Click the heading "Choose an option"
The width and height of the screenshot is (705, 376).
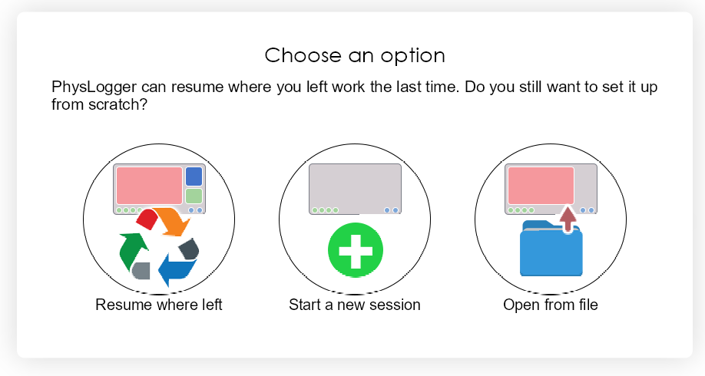[x=355, y=56]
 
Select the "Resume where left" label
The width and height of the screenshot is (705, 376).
[x=159, y=305]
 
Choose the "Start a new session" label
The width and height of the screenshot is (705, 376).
[x=355, y=305]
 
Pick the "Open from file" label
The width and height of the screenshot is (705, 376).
[x=551, y=305]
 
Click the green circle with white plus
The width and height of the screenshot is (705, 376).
[x=356, y=249]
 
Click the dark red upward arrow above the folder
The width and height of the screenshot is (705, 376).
[x=568, y=219]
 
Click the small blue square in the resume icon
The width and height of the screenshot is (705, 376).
[x=194, y=176]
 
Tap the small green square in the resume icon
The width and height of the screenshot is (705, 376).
[x=194, y=196]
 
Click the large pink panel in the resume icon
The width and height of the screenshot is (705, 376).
[x=149, y=186]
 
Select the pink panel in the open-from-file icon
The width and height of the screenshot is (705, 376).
[x=541, y=186]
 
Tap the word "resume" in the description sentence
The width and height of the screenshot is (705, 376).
[x=197, y=87]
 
